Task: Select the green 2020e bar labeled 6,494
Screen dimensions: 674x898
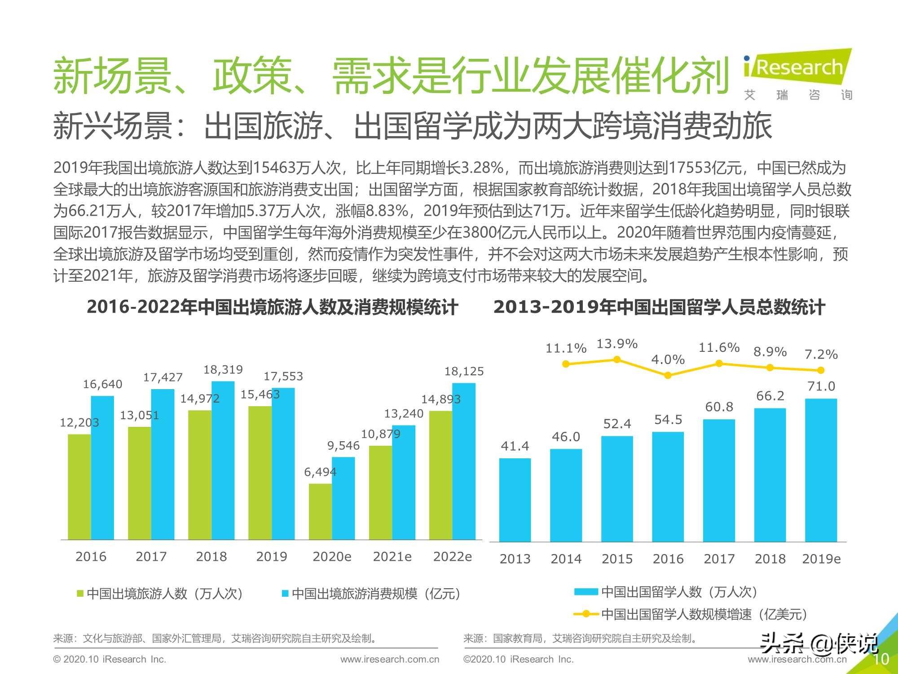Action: [x=320, y=511]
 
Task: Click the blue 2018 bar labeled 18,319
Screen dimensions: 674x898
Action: [x=223, y=461]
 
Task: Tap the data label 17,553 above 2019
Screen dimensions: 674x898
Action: [x=283, y=376]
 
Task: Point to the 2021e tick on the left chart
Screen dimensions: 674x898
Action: [x=392, y=556]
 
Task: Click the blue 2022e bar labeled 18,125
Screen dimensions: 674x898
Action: [x=464, y=461]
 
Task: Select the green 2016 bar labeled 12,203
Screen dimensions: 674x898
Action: [x=79, y=487]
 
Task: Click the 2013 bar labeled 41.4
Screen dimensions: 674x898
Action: [x=515, y=500]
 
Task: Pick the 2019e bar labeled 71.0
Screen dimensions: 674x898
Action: [x=821, y=470]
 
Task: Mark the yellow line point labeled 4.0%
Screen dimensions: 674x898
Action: [x=668, y=375]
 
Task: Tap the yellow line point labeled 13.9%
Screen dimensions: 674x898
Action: [x=617, y=359]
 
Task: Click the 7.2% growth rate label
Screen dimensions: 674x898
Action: [x=821, y=355]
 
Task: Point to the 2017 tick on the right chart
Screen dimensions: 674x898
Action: [x=719, y=559]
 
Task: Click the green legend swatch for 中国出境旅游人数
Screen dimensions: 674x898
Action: [x=81, y=594]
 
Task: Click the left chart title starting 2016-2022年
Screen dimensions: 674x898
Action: [x=272, y=307]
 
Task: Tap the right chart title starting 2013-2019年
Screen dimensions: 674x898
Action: [x=659, y=307]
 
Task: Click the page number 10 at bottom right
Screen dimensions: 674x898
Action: [x=880, y=659]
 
